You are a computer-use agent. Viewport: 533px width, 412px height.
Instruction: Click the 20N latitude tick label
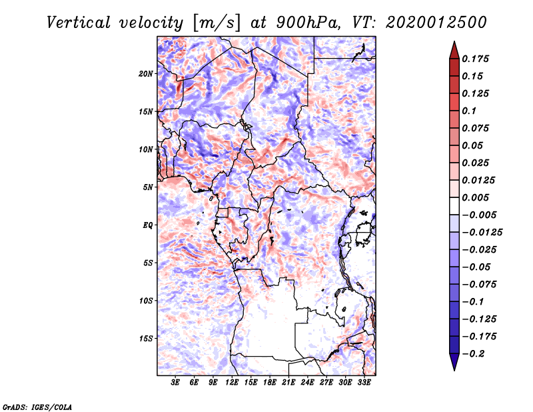pos(146,73)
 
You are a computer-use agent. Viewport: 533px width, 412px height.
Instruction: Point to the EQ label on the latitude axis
pos(147,225)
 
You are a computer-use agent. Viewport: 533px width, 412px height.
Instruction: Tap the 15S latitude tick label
pos(146,339)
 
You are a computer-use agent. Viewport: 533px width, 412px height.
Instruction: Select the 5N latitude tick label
pos(148,187)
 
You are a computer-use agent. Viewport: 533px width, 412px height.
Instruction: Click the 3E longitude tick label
pos(176,383)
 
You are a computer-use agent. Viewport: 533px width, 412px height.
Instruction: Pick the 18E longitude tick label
pos(270,383)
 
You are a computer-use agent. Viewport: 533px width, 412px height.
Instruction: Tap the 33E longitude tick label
pos(364,383)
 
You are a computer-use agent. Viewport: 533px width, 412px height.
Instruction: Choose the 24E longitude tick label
pos(307,383)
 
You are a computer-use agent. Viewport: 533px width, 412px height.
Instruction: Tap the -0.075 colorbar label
pos(478,284)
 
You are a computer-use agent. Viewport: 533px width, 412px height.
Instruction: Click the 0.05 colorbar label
pos(473,145)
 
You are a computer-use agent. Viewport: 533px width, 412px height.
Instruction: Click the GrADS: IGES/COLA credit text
pos(37,406)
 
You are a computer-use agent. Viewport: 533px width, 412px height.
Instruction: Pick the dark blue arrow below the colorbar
pos(453,363)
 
